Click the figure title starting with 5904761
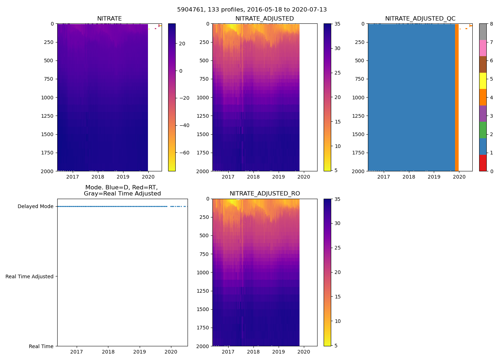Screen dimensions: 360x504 tap(252, 10)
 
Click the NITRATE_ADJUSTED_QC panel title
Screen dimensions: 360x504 tap(420, 19)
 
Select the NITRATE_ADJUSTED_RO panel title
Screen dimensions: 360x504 tap(265, 194)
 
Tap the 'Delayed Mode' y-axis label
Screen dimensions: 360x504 tap(35, 207)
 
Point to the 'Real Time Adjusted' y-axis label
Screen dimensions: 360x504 tap(30, 276)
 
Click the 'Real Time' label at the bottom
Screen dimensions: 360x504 tap(41, 346)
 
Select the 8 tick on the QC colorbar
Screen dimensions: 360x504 tap(491, 24)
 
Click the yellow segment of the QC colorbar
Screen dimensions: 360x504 tap(483, 81)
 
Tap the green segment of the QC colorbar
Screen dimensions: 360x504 tap(483, 130)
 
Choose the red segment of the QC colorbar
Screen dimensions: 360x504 tap(483, 163)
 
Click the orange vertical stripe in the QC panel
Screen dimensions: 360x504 tap(456, 97)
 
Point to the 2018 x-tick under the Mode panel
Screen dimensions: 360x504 tap(108, 352)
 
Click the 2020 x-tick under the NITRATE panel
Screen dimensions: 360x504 tap(148, 177)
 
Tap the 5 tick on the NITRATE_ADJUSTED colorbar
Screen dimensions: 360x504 tap(338, 170)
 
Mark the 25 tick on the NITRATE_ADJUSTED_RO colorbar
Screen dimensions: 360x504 tap(338, 248)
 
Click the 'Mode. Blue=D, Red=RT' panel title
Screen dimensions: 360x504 tap(122, 190)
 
